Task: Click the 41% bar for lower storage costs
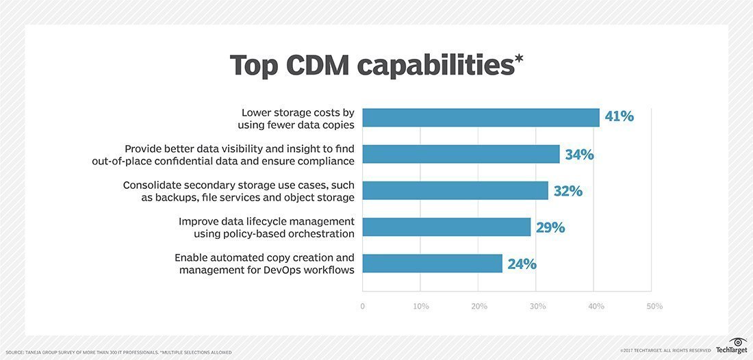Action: coord(481,118)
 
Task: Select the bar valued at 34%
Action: coord(461,154)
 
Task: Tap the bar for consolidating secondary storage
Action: coord(455,190)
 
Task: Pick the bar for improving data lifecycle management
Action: coord(446,227)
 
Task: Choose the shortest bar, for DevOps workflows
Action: coord(432,263)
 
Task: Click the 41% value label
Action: coord(619,117)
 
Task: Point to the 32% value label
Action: coord(567,191)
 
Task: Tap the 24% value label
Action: coord(522,264)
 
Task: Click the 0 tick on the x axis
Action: coord(362,307)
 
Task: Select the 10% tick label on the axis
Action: coord(420,307)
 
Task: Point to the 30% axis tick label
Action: coord(537,307)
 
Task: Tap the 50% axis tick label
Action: coord(654,307)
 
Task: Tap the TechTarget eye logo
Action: coord(737,342)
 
